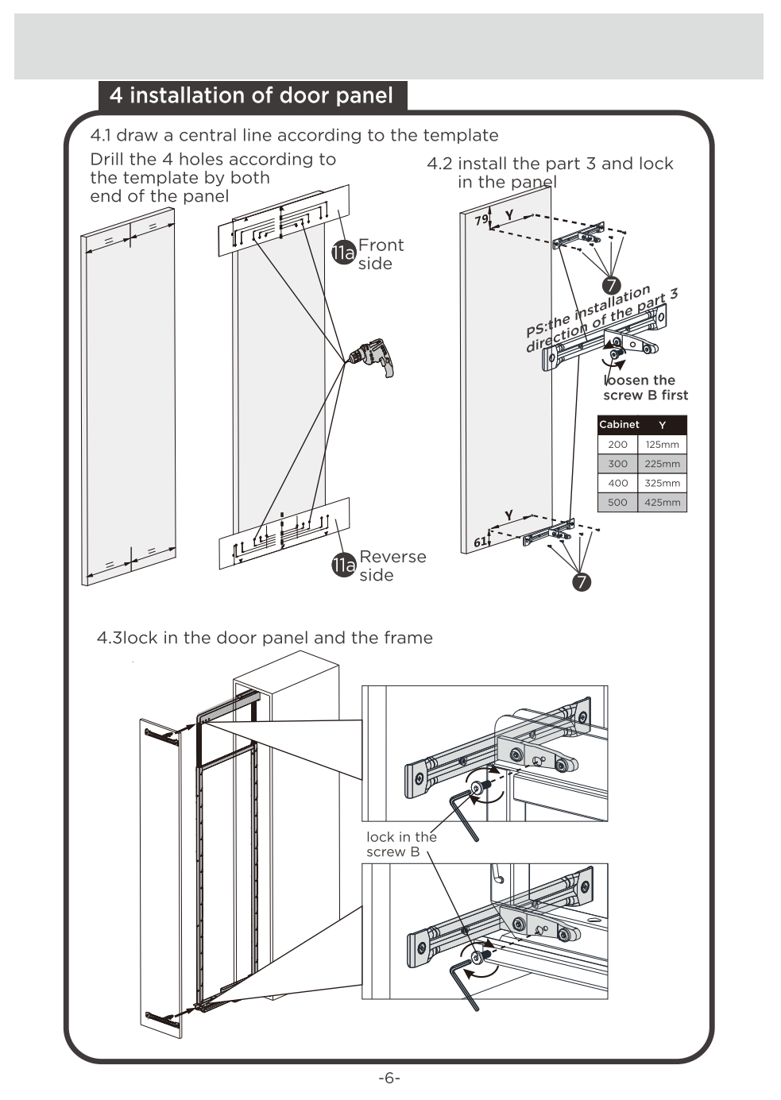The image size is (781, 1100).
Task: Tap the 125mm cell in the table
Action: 662,445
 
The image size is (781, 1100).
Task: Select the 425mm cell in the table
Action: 662,502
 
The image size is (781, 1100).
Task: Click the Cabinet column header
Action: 619,425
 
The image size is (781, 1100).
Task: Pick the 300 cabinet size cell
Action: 617,464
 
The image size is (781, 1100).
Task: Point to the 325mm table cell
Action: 662,483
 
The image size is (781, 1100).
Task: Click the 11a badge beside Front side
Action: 343,253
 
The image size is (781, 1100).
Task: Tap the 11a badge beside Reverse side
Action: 343,565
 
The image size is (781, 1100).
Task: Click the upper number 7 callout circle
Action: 610,285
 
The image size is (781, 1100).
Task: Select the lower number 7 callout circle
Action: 582,582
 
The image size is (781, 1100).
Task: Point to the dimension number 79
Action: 481,220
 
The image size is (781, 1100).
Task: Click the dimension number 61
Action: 480,542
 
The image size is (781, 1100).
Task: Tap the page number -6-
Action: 389,1078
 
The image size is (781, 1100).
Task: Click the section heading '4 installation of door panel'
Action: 252,96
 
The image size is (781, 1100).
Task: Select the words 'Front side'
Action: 381,254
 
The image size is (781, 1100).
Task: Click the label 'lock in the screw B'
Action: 400,844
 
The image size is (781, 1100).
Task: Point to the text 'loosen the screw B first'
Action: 645,388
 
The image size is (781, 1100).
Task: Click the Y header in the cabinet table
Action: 662,425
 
